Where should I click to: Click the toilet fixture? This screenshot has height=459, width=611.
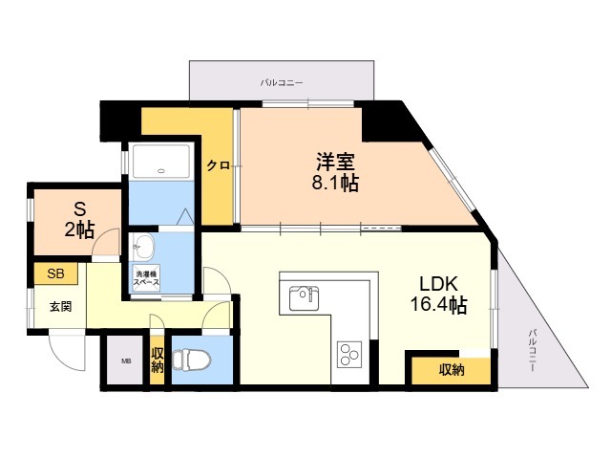191,360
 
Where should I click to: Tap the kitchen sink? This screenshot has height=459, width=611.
304,298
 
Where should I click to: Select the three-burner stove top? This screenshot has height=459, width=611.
349,354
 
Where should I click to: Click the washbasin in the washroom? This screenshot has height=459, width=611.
142,247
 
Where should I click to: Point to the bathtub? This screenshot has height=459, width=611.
161,162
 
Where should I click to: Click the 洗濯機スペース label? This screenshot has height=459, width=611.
146,278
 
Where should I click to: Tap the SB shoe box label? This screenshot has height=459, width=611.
55,273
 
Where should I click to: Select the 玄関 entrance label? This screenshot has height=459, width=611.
61,307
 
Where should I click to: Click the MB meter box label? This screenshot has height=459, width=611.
126,361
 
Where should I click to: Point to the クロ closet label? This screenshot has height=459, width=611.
218,165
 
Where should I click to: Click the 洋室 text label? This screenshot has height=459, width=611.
335,162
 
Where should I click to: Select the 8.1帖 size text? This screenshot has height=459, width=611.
335,183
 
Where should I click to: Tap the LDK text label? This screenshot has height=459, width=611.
438,284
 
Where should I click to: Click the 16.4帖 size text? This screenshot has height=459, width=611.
438,305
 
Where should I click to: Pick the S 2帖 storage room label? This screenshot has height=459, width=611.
79,220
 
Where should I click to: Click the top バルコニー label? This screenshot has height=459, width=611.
282,83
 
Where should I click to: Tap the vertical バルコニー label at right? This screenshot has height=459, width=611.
533,350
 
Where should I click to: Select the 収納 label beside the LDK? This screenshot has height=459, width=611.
452,370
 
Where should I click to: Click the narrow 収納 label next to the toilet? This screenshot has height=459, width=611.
158,360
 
